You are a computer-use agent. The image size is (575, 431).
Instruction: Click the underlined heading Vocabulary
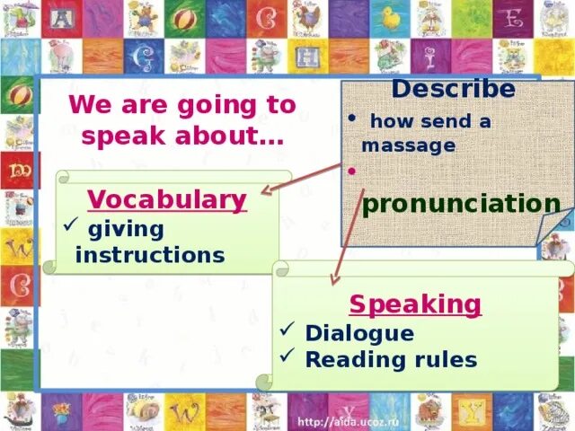[x=168, y=199]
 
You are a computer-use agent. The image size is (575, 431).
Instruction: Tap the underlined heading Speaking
[x=415, y=304]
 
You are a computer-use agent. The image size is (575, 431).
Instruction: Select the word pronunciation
[x=461, y=204]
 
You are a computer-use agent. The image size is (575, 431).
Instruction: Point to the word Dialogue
[x=359, y=333]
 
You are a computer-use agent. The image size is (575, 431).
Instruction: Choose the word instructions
[x=150, y=255]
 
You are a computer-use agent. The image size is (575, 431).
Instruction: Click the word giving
[x=126, y=229]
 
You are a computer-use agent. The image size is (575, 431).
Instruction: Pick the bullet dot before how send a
[x=351, y=120]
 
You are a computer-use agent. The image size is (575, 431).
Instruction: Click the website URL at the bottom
[x=349, y=421]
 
